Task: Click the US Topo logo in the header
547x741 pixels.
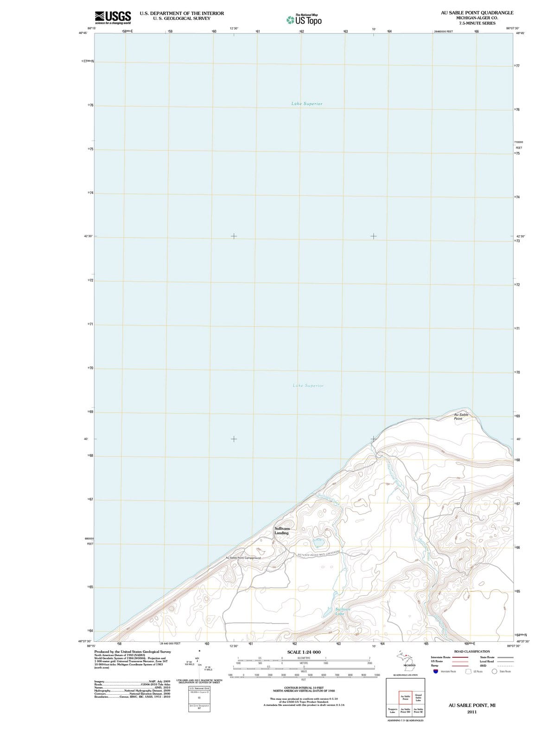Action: click(304, 20)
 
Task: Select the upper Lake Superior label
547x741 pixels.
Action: click(307, 104)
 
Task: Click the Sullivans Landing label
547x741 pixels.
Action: click(282, 531)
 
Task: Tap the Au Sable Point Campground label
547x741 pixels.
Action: click(243, 558)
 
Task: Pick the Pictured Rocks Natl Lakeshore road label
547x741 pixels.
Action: click(320, 553)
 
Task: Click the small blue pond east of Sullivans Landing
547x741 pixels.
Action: click(318, 542)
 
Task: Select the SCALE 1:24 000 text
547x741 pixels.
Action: click(304, 652)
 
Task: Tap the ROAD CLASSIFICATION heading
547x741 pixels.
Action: click(472, 651)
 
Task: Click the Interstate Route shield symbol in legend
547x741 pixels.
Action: click(436, 671)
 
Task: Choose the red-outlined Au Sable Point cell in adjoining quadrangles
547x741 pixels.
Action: click(405, 697)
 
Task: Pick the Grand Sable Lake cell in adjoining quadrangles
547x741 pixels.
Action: click(418, 697)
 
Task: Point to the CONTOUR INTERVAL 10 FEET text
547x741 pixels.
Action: click(304, 688)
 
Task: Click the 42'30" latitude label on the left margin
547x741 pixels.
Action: click(88, 236)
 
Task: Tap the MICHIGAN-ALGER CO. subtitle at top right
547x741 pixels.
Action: click(477, 18)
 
